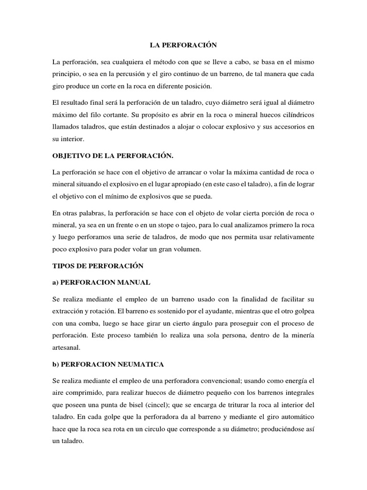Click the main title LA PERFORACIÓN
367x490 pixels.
tap(183, 45)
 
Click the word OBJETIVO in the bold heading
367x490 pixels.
tap(73, 156)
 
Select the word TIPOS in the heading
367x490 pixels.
tap(64, 265)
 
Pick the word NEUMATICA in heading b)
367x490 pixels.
tap(138, 364)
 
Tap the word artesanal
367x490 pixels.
tap(68, 348)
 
